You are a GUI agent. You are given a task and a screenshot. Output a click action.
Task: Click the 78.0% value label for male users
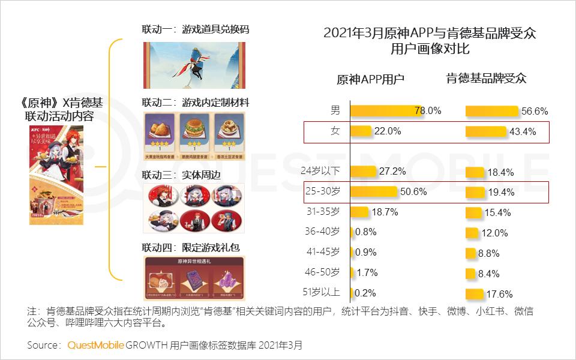click(x=428, y=111)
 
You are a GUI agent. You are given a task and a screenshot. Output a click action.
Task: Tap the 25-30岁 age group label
click(x=323, y=192)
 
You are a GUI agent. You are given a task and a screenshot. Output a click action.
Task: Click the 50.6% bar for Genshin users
click(x=374, y=192)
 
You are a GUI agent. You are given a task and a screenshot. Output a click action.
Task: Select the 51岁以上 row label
click(x=323, y=293)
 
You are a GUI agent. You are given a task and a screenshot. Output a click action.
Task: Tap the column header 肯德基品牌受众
click(x=486, y=79)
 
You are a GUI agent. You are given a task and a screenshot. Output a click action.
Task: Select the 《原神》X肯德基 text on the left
click(x=58, y=103)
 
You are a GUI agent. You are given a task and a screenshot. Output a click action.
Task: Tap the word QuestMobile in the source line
click(x=96, y=345)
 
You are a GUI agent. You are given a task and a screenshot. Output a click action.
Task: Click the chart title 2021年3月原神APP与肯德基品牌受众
click(x=430, y=33)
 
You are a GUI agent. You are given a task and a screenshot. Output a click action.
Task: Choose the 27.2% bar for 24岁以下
click(x=363, y=172)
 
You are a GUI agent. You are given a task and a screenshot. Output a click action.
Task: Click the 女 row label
click(x=335, y=131)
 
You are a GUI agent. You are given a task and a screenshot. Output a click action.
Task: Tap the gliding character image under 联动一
click(x=193, y=65)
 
